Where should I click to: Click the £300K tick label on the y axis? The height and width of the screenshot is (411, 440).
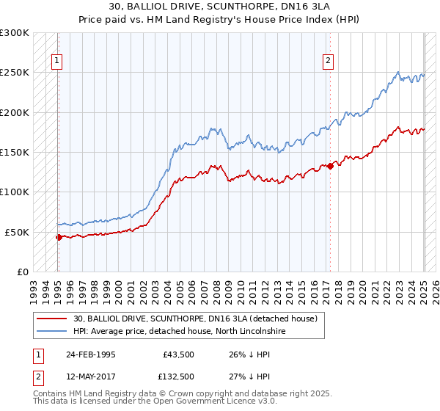pos(15,33)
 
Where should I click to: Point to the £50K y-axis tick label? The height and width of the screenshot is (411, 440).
pos(17,232)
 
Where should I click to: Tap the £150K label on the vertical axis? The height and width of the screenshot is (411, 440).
pos(15,153)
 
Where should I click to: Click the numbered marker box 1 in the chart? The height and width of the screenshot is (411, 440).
pos(56,61)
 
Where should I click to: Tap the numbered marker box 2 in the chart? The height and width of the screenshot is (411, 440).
pos(328,61)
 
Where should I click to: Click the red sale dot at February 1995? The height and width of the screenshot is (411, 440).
pos(59,237)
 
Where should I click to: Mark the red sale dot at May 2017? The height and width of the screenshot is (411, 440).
pos(330,166)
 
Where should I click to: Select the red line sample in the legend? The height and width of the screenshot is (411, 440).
pos(52,319)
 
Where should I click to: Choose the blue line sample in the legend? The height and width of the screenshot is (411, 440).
pos(52,332)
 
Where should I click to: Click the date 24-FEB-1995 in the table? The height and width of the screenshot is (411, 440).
pos(90,354)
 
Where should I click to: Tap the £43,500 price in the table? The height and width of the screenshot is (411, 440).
pos(177,354)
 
